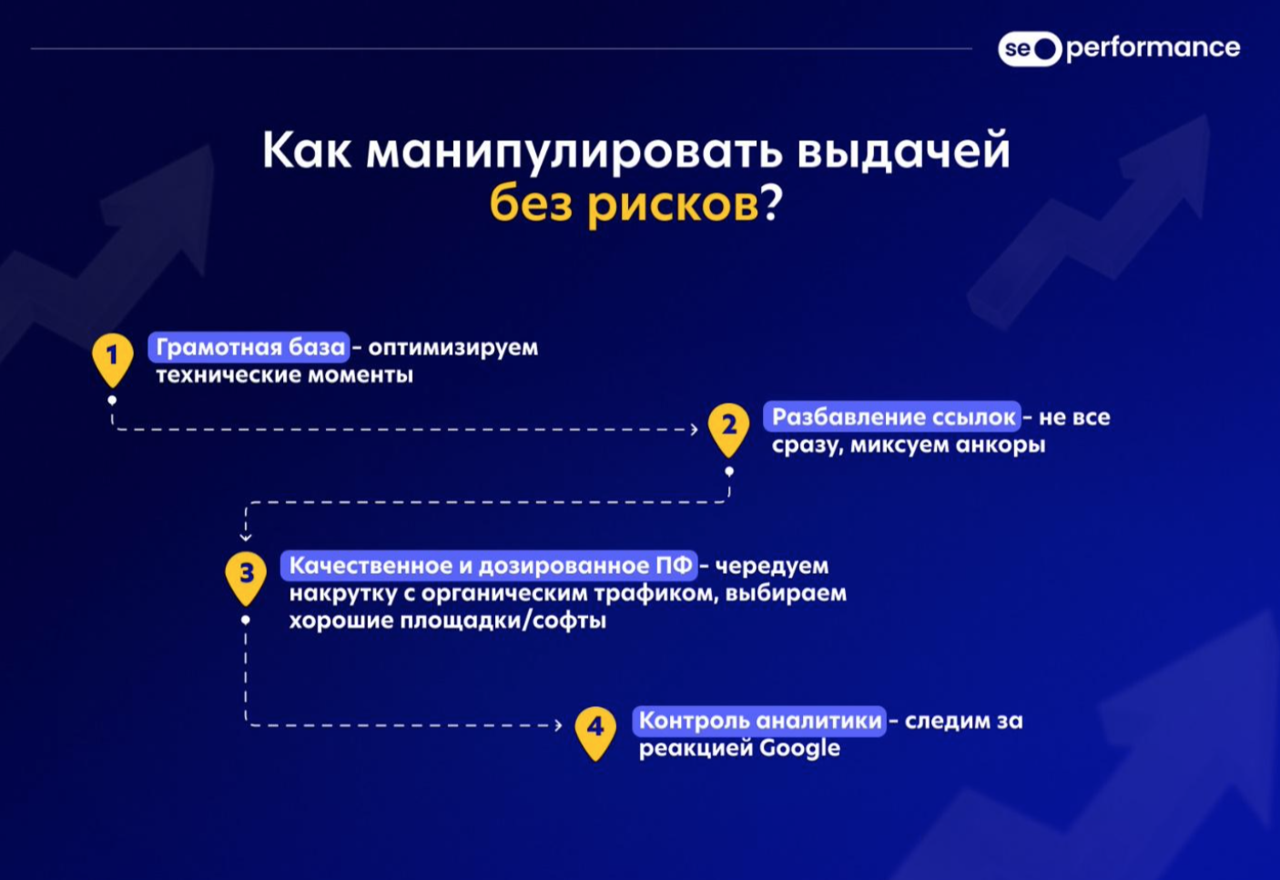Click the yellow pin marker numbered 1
tap(113, 360)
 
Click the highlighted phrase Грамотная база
tap(249, 347)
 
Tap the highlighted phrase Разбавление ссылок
tap(892, 417)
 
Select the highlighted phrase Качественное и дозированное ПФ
tap(489, 566)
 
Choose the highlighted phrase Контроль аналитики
tap(759, 721)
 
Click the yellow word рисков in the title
tap(673, 205)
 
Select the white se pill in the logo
tap(1030, 48)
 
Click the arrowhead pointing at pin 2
tap(694, 429)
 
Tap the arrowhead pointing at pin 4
tap(558, 726)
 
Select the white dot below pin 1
tap(112, 400)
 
